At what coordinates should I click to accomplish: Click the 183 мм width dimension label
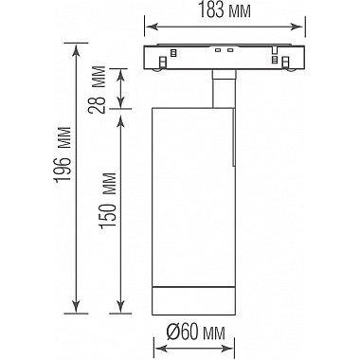(x=225, y=11)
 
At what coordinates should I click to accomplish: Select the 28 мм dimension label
(x=98, y=90)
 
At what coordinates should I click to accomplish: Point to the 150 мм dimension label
(x=107, y=201)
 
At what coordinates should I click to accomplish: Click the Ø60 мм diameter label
(x=196, y=333)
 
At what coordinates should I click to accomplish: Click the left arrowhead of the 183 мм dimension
(x=151, y=27)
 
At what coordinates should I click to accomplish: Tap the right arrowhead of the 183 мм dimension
(x=297, y=27)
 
